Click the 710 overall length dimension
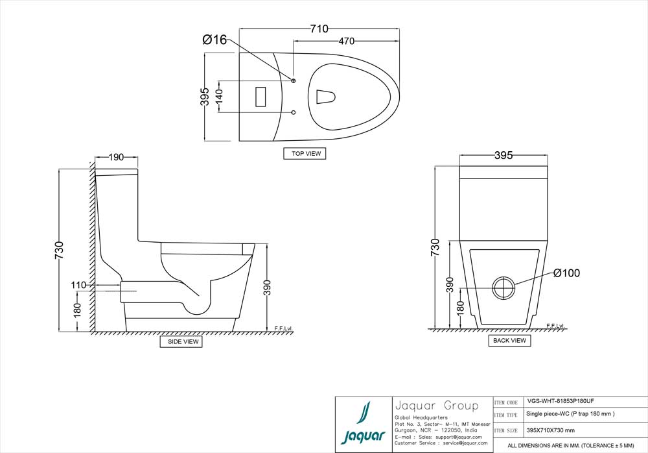pos(319,29)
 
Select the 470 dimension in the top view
pos(347,42)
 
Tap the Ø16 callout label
pos(214,40)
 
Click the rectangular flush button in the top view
pos(262,97)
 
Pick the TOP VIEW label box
pos(305,154)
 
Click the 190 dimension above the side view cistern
pos(117,157)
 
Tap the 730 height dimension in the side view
pos(60,250)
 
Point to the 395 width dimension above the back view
pos(503,155)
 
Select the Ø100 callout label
pos(566,273)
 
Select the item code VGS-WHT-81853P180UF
pos(561,402)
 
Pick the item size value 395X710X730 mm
pos(551,430)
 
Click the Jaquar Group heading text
pos(436,406)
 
